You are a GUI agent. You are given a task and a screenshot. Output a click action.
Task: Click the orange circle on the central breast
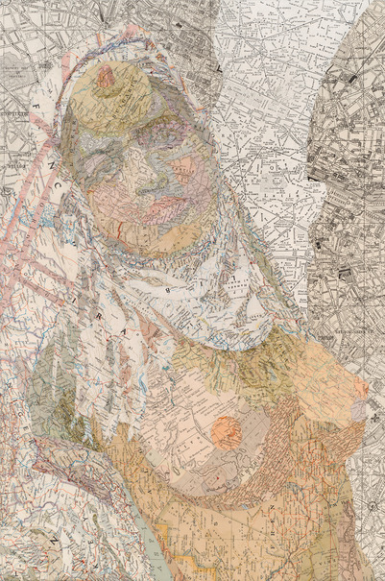(227, 432)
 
